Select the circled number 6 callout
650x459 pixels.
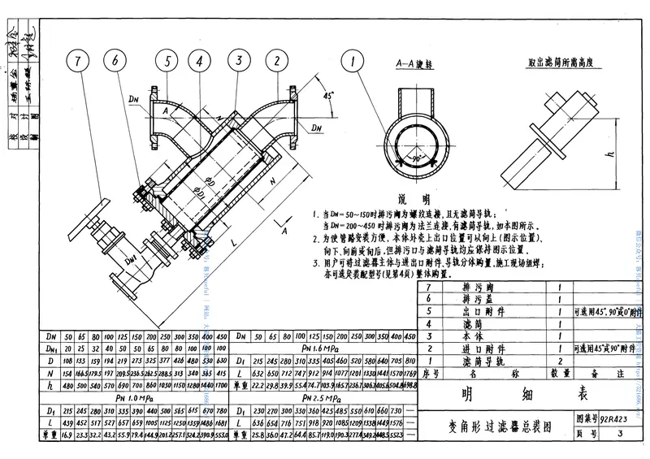(115, 61)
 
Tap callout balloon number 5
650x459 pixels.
(167, 61)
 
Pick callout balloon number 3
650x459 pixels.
(239, 61)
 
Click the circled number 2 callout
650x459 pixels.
(276, 61)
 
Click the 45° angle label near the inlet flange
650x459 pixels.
(328, 96)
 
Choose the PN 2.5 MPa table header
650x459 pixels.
(319, 400)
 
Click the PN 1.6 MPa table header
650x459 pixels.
(319, 345)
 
